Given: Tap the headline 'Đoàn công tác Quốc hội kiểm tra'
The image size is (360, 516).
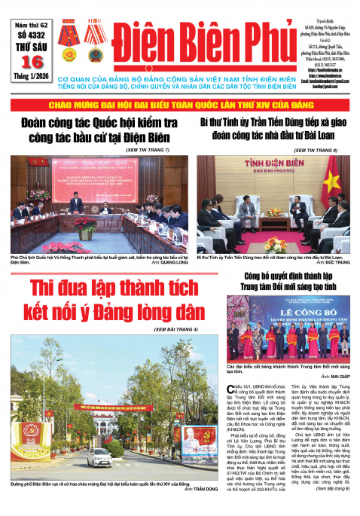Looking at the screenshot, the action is pos(96,124).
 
